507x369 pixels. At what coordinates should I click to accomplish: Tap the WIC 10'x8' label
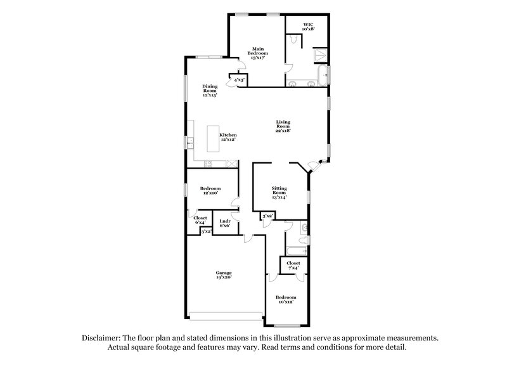point(308,26)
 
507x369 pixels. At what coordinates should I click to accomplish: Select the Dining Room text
point(210,90)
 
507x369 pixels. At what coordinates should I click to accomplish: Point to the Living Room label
point(283,124)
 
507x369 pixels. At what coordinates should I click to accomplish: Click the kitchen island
point(213,138)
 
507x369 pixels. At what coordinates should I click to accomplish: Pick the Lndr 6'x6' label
point(224,223)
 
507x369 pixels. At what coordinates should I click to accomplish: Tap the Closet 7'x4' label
point(293,266)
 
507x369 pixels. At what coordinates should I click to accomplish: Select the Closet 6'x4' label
point(200,220)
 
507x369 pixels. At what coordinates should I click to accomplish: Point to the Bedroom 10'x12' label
point(285,299)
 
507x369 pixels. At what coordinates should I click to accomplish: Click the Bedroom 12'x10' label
point(210,190)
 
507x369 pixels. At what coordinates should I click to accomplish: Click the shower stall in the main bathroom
point(321,55)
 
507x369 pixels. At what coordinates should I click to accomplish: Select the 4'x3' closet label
point(239,81)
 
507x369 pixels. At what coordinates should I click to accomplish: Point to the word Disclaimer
point(104,338)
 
